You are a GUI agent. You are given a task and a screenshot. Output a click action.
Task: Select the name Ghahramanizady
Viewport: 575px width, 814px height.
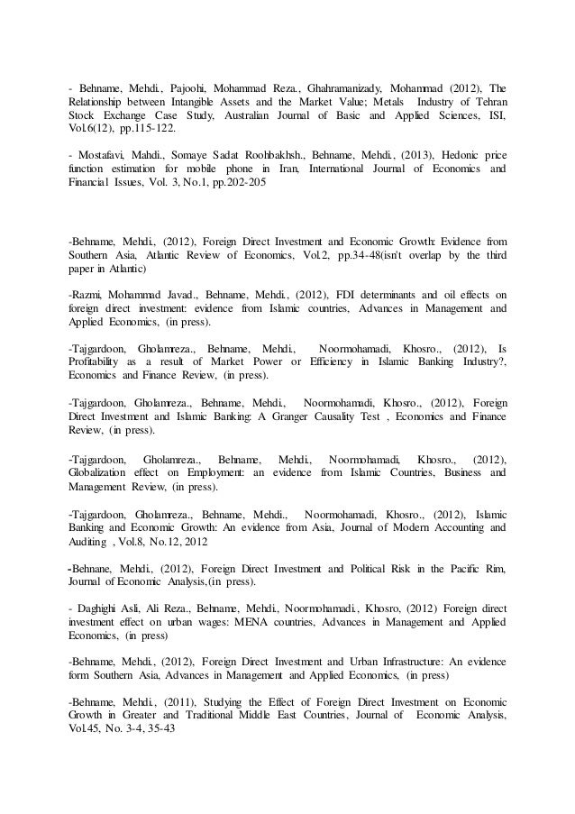coord(341,88)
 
